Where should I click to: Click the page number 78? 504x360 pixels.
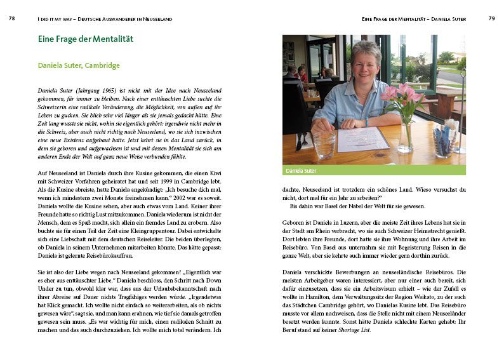tap(11, 19)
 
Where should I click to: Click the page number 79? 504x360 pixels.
tap(491, 19)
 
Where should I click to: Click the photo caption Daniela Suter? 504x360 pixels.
tap(301, 170)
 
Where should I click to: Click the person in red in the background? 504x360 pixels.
tap(302, 74)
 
